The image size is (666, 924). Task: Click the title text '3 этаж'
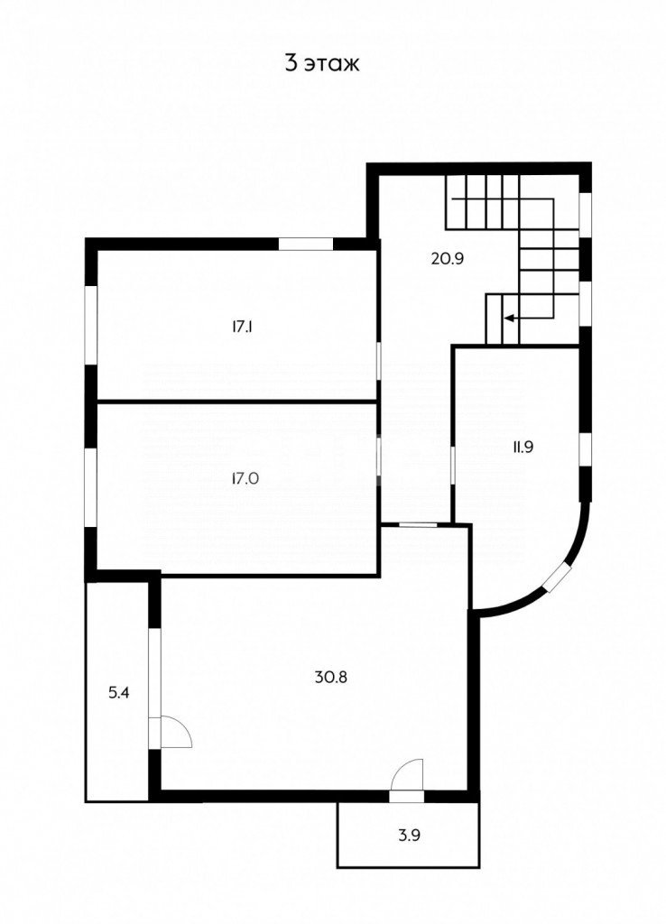point(322,64)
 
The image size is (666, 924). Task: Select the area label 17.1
point(241,328)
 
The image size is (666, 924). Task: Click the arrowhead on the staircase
point(509,318)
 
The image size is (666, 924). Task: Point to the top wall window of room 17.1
point(304,242)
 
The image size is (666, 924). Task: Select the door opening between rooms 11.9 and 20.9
point(452,464)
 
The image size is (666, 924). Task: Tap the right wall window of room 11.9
point(585,448)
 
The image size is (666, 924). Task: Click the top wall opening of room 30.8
point(417,524)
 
